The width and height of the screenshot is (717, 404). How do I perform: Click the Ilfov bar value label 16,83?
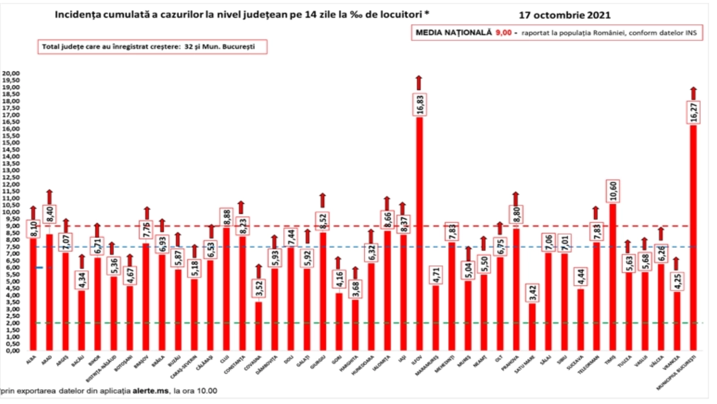[x=420, y=105]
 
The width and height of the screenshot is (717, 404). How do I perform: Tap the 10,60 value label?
[x=613, y=191]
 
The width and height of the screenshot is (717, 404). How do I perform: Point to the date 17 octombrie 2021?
[x=564, y=15]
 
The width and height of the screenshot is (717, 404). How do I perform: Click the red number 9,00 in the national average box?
[x=503, y=33]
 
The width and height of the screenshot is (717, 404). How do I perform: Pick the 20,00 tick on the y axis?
[x=11, y=73]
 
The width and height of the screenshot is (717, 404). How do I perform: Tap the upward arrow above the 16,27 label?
[x=693, y=93]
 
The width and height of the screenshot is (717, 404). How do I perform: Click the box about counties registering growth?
[x=152, y=47]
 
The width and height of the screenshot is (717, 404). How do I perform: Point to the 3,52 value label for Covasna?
[x=259, y=289]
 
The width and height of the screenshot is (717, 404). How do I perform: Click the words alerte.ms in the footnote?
[x=151, y=391]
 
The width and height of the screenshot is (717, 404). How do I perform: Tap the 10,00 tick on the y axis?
[x=11, y=212]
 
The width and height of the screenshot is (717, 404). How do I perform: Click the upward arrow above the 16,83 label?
[x=419, y=83]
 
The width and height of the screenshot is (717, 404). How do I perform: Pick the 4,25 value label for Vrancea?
[x=677, y=281]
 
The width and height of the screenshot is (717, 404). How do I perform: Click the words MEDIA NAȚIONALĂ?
[x=454, y=33]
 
